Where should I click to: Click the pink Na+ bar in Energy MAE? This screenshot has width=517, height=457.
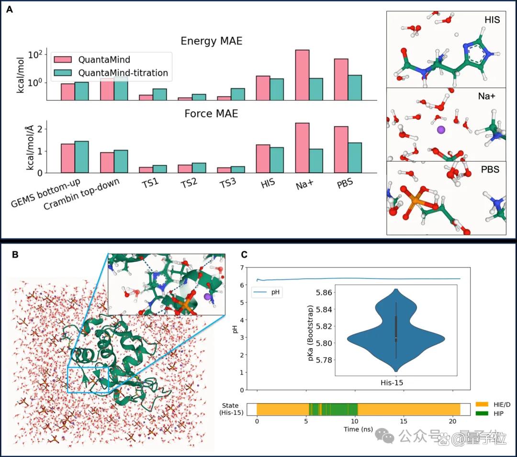(303, 75)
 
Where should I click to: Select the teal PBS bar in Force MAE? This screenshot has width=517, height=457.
(355, 158)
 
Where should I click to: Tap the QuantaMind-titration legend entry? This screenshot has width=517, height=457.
(111, 72)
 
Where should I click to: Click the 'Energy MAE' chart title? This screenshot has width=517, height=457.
(212, 41)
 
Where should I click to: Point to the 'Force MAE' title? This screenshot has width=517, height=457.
(212, 114)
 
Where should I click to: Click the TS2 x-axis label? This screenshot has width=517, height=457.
(189, 183)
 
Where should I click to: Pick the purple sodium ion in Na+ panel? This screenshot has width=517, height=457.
(441, 130)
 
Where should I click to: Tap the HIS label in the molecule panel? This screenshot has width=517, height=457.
(492, 20)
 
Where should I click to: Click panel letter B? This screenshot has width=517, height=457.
(15, 255)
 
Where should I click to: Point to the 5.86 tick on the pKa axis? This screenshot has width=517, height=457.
(324, 293)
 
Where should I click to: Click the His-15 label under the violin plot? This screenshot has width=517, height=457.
(392, 383)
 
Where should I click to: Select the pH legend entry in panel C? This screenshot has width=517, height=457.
(267, 292)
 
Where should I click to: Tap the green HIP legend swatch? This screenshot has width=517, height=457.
(482, 413)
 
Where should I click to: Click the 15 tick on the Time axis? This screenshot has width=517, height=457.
(404, 422)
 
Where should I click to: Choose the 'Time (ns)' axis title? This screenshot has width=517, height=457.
(358, 429)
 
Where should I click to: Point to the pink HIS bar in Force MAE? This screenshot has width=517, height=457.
(263, 159)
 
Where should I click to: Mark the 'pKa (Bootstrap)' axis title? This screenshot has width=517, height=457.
(310, 333)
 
